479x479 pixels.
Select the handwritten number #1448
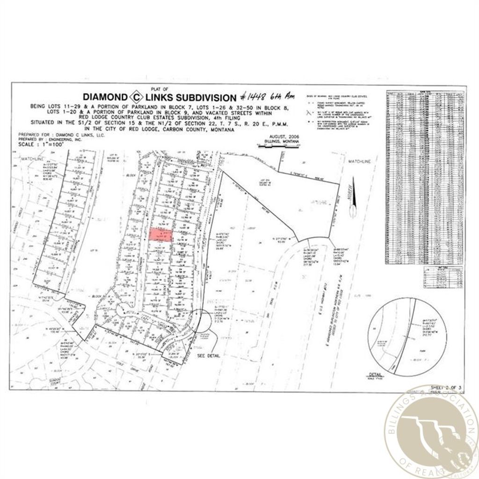pos(252,97)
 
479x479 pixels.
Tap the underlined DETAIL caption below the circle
pos(375,374)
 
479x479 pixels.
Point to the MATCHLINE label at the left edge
pos(32,160)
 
